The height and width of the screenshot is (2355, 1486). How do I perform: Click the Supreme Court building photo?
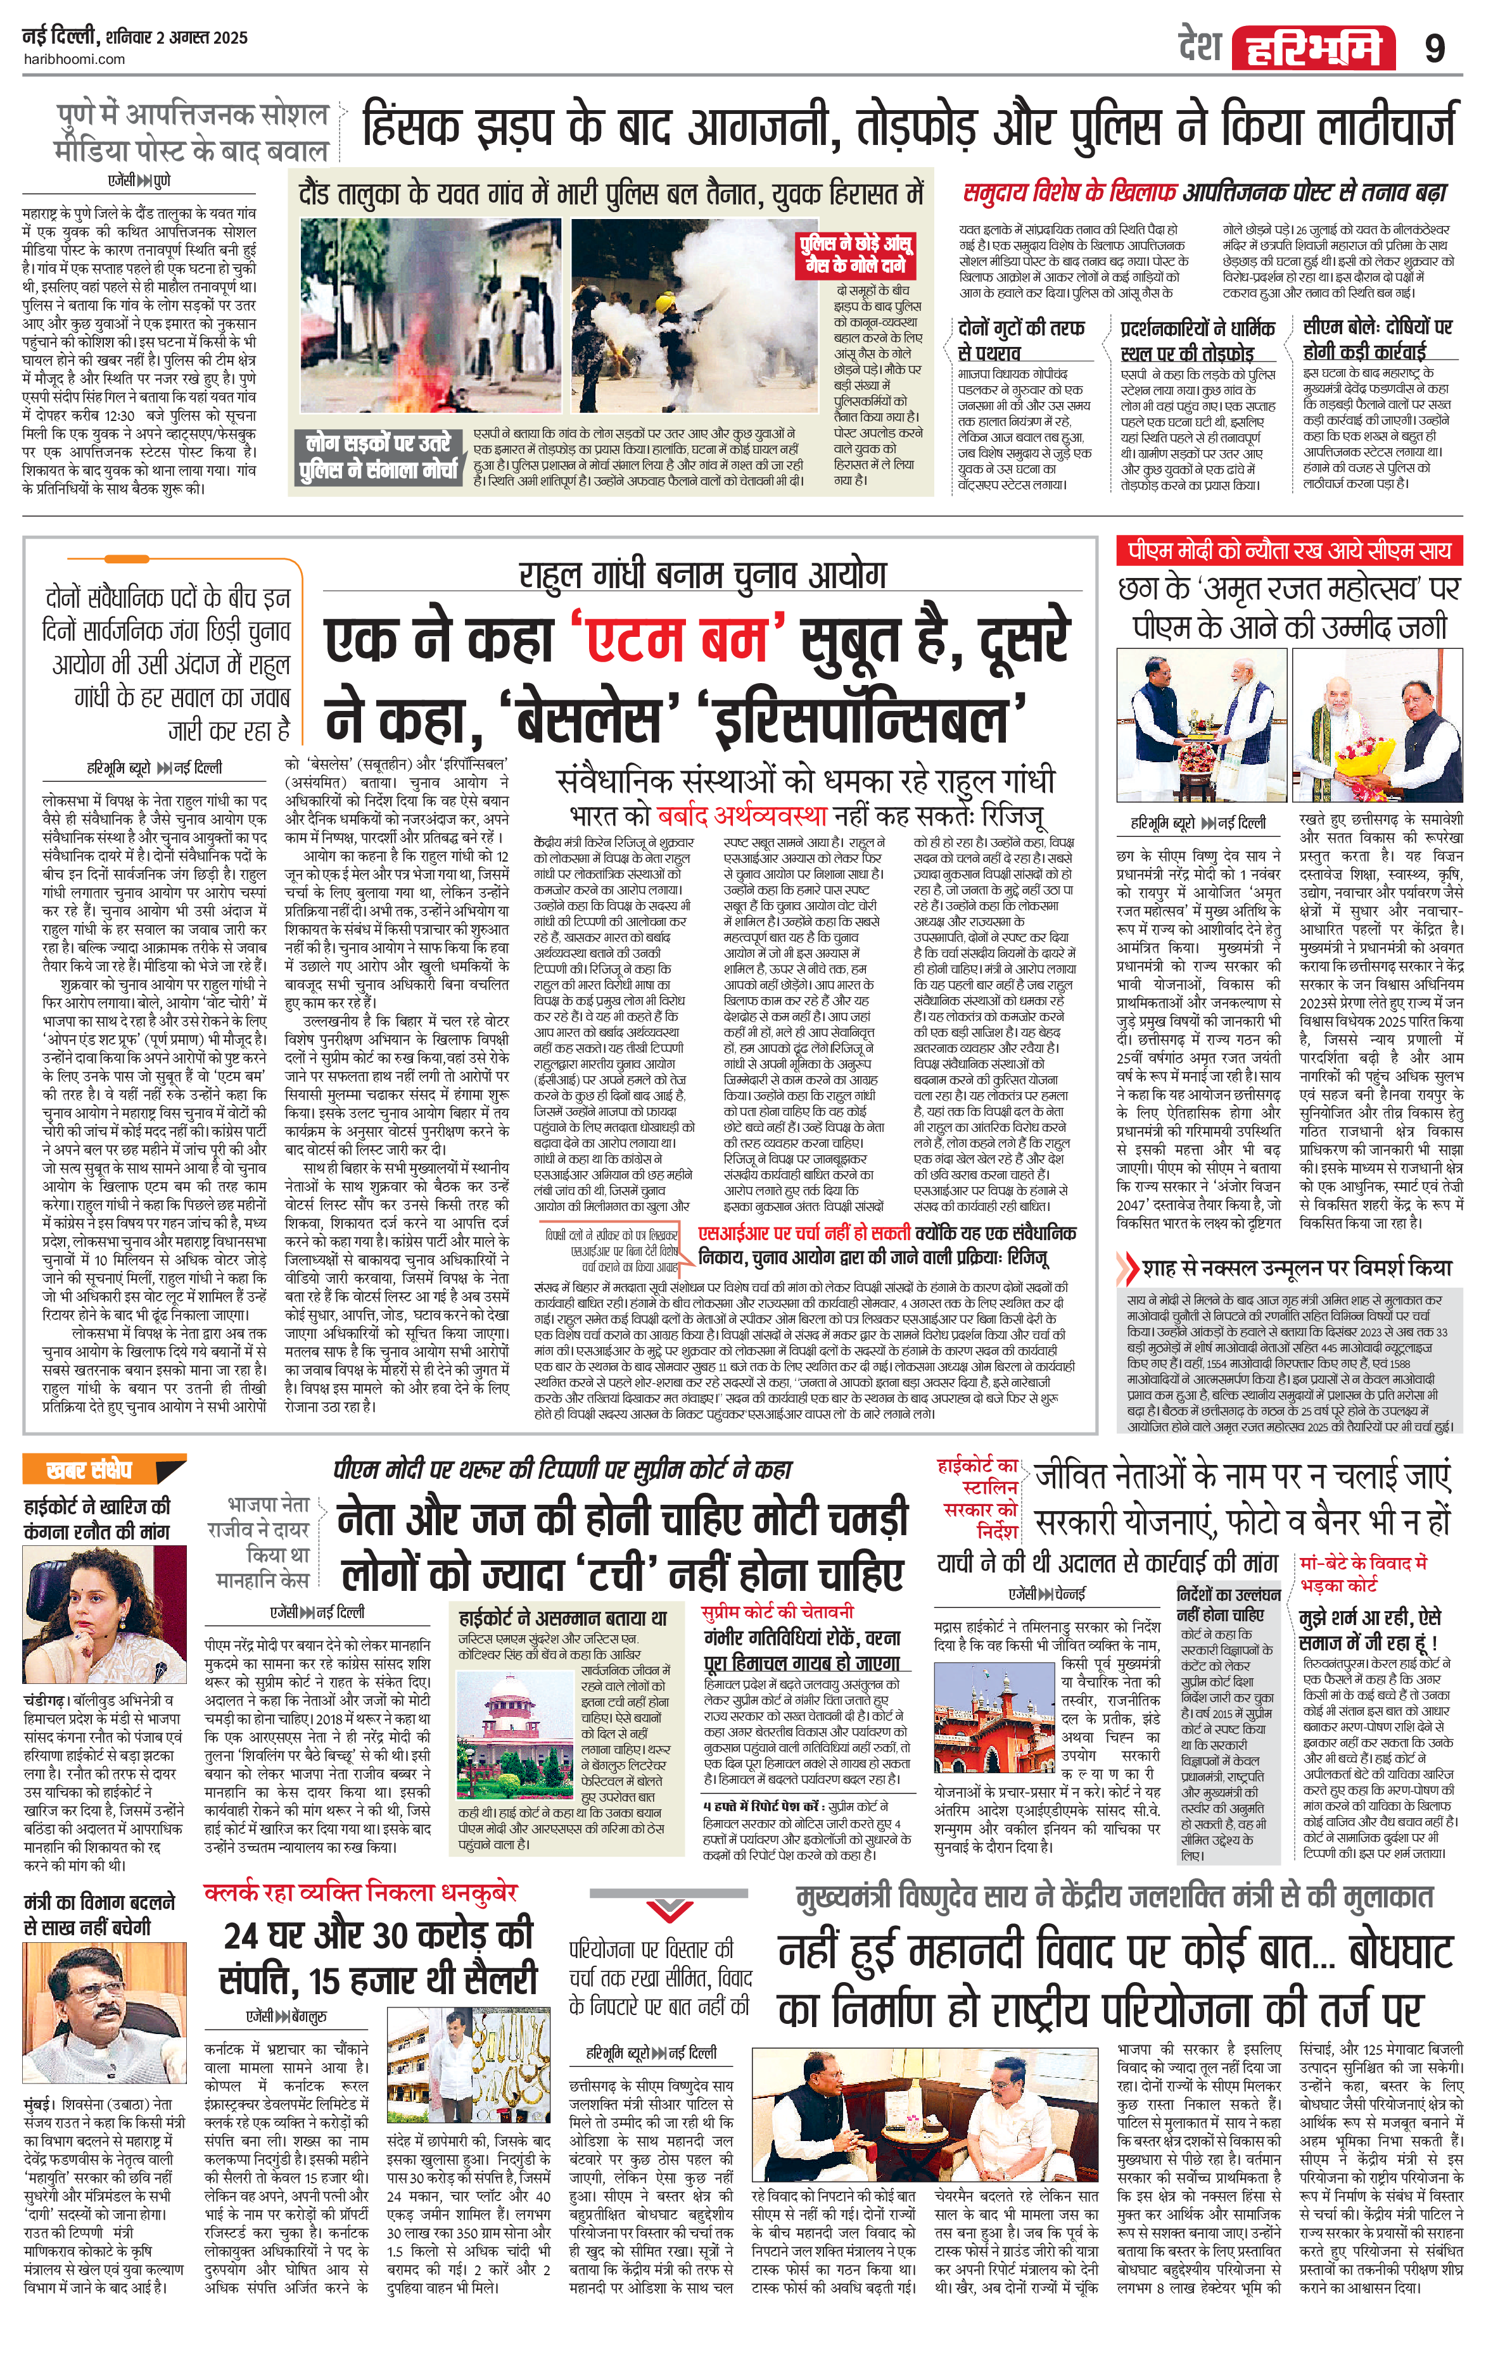pyautogui.click(x=519, y=1725)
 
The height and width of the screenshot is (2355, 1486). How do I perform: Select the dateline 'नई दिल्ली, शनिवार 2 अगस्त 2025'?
pyautogui.click(x=135, y=38)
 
